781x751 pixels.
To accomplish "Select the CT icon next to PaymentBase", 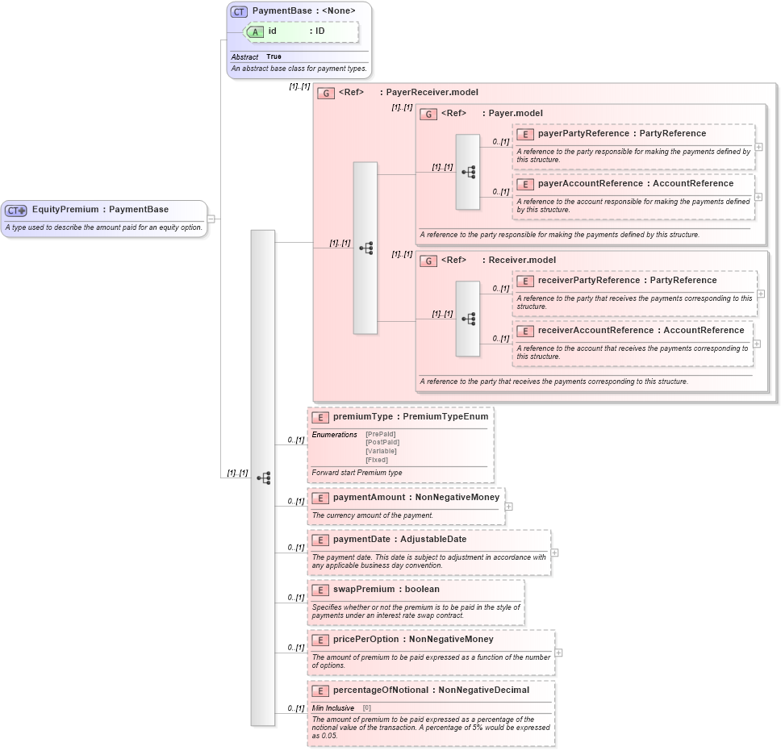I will coord(239,11).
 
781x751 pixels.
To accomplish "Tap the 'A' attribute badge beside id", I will coord(256,31).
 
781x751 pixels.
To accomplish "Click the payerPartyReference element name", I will coord(583,133).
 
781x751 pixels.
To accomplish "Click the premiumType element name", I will coord(363,417).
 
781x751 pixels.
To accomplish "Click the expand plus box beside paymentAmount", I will coord(509,507).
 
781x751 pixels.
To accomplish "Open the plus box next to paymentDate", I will coord(554,553).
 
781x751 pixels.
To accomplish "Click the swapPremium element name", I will coord(364,590).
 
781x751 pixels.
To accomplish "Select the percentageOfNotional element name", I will coord(381,690).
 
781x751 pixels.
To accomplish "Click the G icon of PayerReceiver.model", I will coord(326,93).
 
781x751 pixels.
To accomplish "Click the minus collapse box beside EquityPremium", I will coord(211,218).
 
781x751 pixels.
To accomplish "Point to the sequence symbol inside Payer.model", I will coord(468,172).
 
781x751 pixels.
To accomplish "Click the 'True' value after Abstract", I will coord(274,56).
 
